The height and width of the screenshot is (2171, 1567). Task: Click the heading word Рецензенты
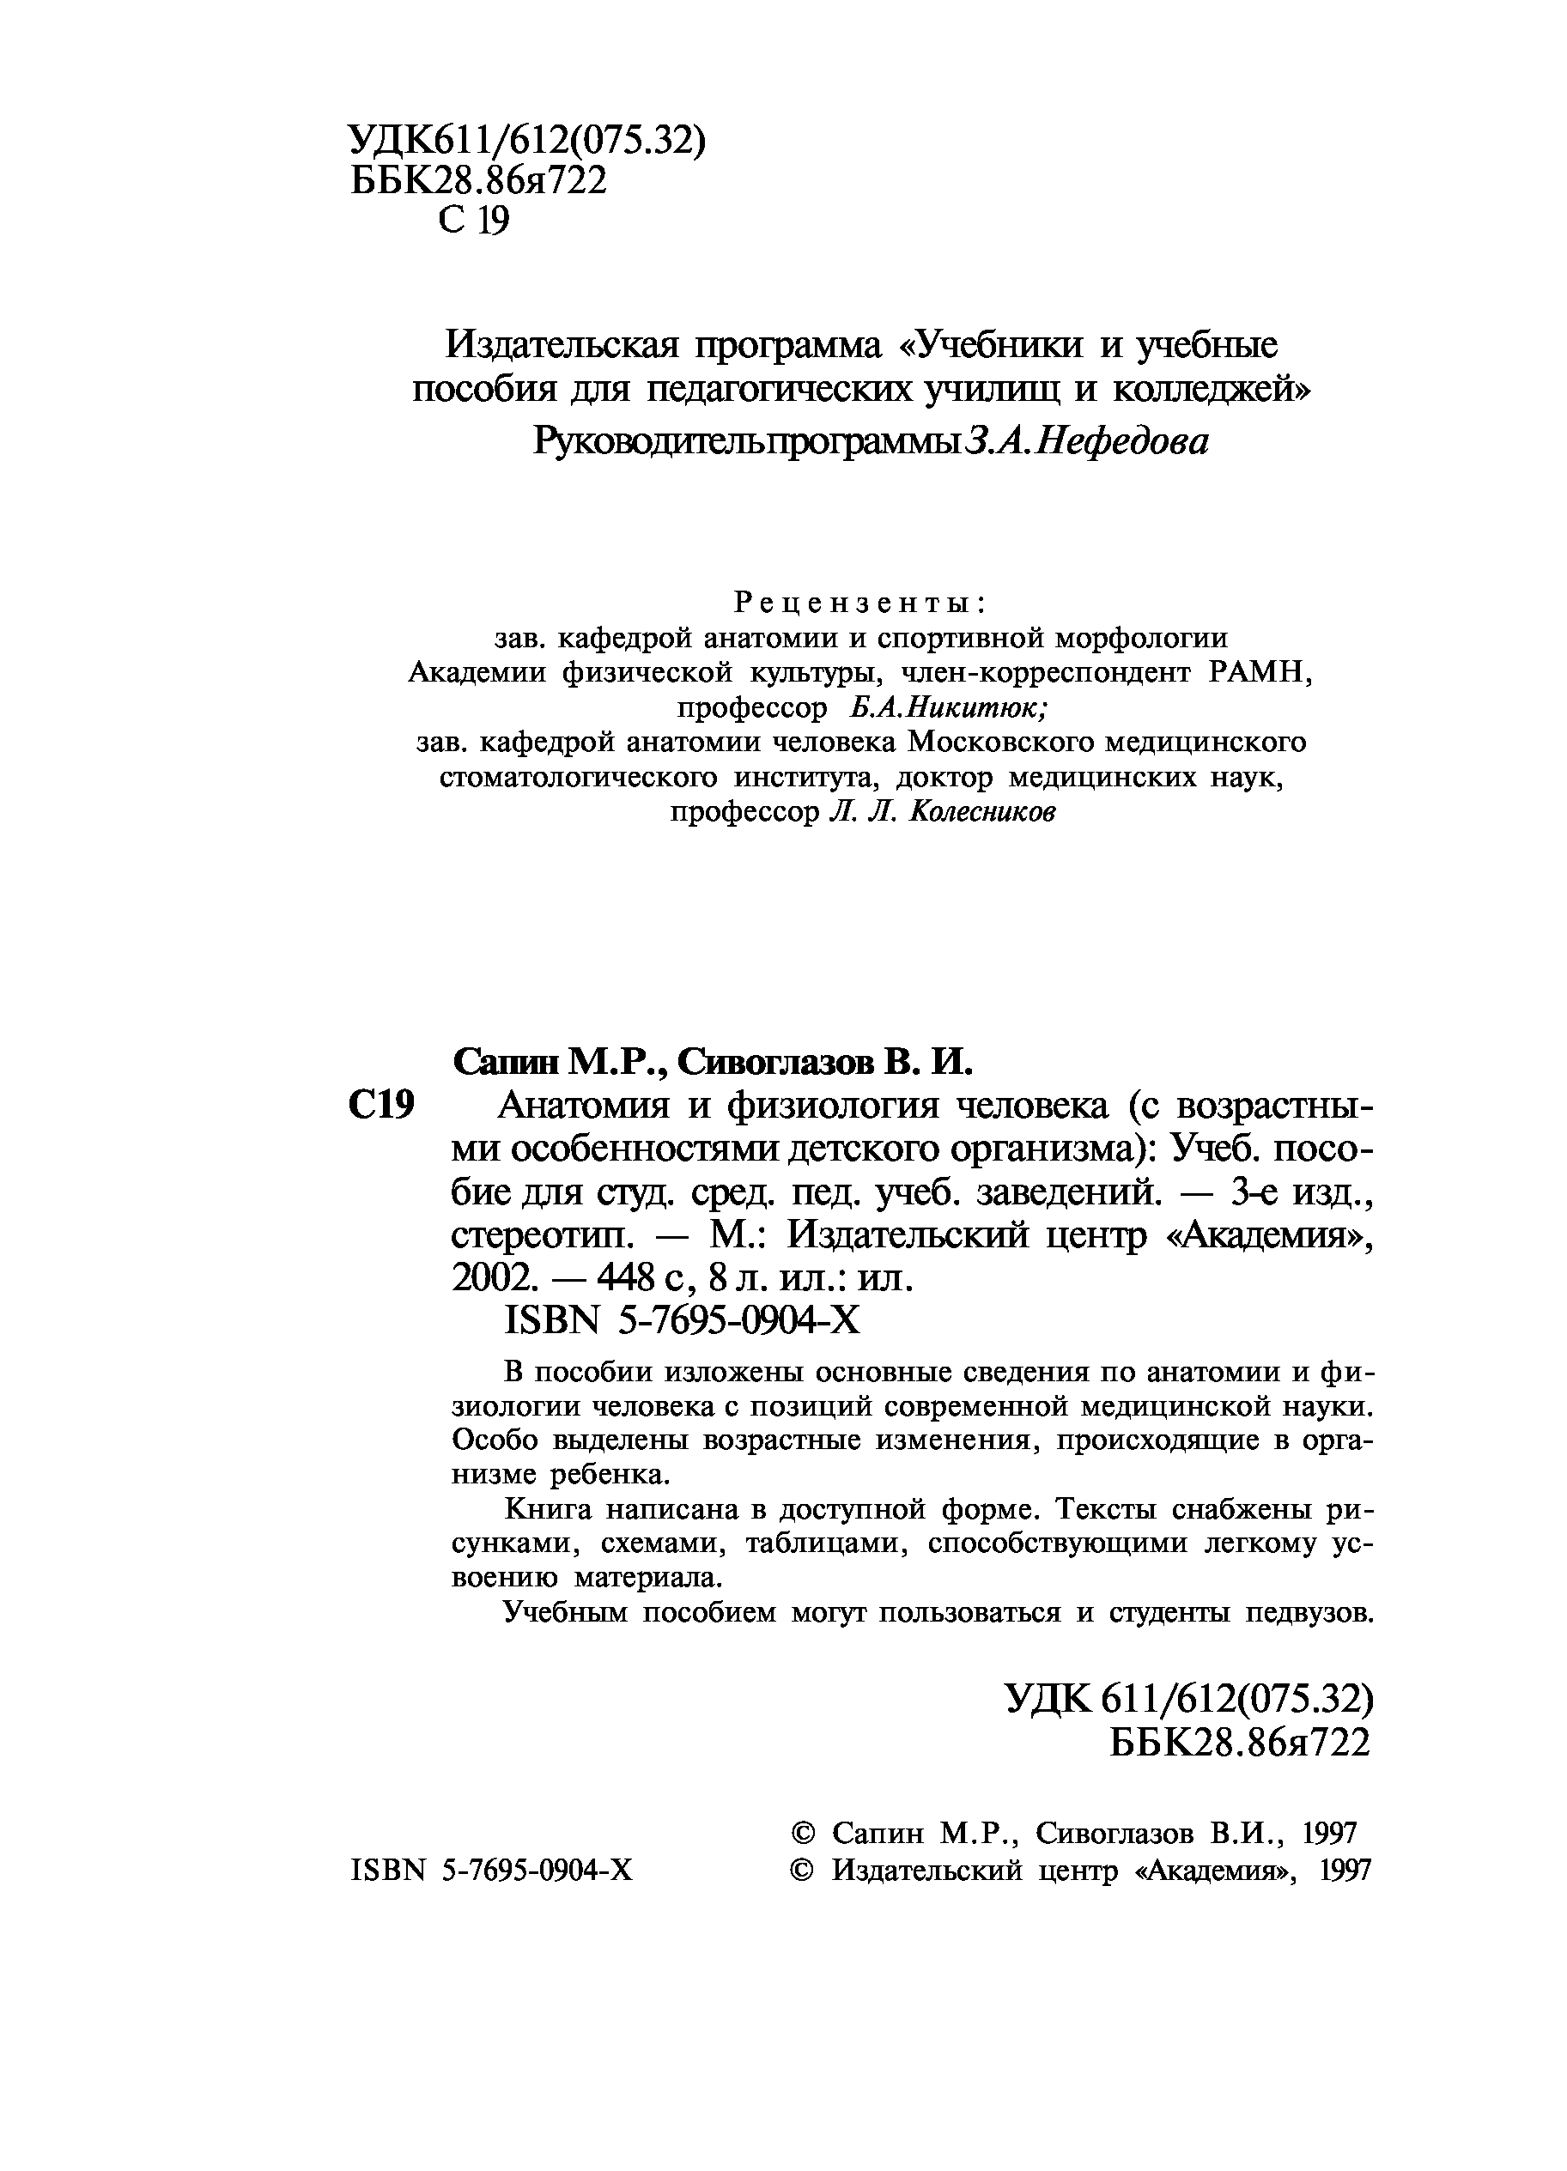coord(860,603)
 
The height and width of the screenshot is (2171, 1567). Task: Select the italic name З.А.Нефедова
coord(1089,441)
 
